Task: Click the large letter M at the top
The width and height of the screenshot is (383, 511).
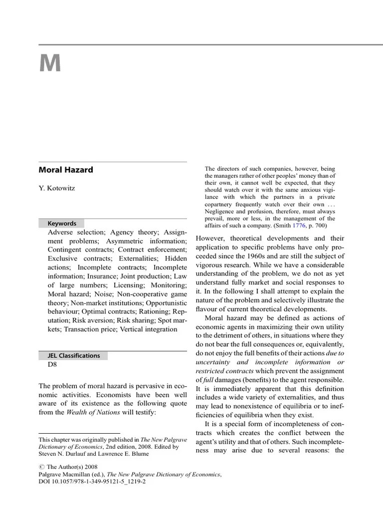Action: [x=50, y=64]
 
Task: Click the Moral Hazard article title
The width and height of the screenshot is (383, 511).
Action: [x=66, y=170]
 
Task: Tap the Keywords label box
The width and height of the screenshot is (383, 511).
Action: [x=62, y=224]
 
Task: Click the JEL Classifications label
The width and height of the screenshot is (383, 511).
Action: [x=73, y=356]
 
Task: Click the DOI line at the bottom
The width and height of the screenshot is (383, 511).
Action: [x=92, y=483]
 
